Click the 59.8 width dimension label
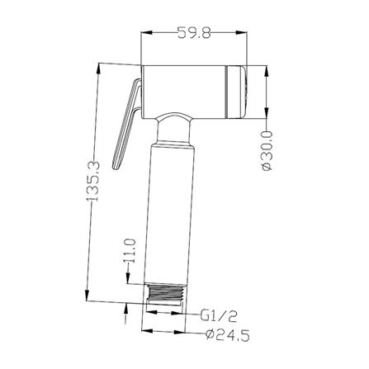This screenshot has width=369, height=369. [x=194, y=32]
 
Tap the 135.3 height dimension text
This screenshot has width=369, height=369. [x=92, y=182]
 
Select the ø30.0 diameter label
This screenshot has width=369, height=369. [x=267, y=151]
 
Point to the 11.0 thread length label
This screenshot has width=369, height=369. [x=130, y=251]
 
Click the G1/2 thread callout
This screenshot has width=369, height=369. [x=219, y=316]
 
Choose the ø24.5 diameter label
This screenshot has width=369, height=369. [x=228, y=335]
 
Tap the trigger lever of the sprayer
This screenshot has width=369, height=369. [x=127, y=124]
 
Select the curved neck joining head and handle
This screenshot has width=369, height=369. [x=173, y=129]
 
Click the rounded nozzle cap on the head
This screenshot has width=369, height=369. [x=236, y=92]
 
